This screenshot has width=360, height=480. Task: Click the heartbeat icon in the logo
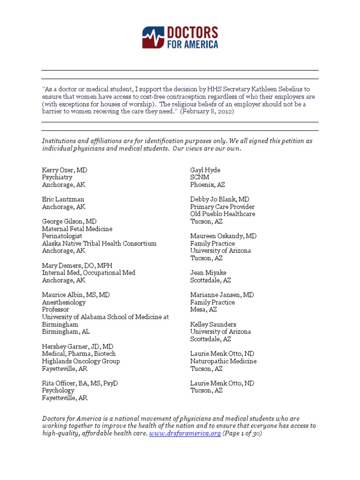click(x=154, y=37)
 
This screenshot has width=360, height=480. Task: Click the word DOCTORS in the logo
click(x=192, y=33)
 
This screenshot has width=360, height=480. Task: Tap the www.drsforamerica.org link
click(x=185, y=434)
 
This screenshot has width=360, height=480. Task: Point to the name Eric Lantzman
click(x=63, y=199)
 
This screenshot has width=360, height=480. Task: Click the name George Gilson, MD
click(x=69, y=221)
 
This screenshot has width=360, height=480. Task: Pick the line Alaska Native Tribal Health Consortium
click(x=99, y=243)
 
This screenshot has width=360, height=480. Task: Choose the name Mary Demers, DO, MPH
click(x=77, y=265)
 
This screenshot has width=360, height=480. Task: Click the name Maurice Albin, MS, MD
click(x=76, y=295)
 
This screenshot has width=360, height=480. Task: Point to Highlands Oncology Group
click(x=81, y=361)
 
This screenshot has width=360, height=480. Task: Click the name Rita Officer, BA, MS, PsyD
click(x=80, y=383)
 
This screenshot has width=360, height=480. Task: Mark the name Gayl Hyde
click(x=205, y=170)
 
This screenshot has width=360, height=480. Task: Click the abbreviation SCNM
click(x=200, y=178)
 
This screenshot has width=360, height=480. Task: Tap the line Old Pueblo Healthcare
click(x=223, y=214)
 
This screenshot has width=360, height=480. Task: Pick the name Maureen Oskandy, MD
click(x=224, y=236)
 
